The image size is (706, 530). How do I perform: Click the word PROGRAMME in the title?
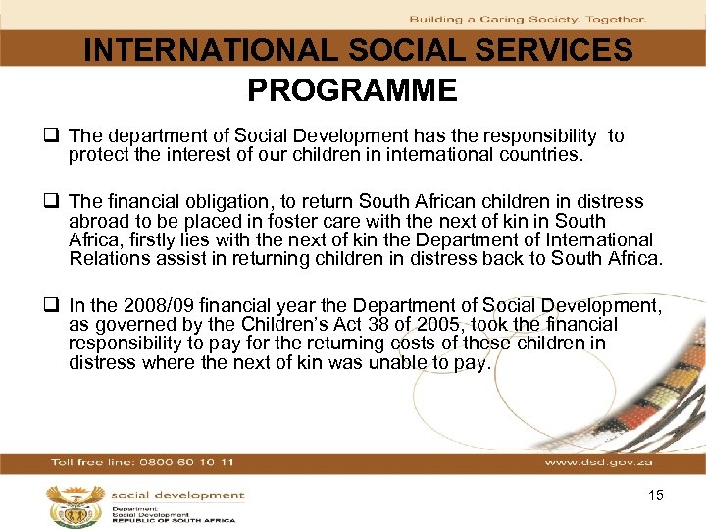352,91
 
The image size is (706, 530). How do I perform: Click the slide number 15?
656,495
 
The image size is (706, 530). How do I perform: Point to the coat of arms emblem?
68,504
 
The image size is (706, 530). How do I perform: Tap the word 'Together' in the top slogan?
616,19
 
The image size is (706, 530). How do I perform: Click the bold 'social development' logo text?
177,496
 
